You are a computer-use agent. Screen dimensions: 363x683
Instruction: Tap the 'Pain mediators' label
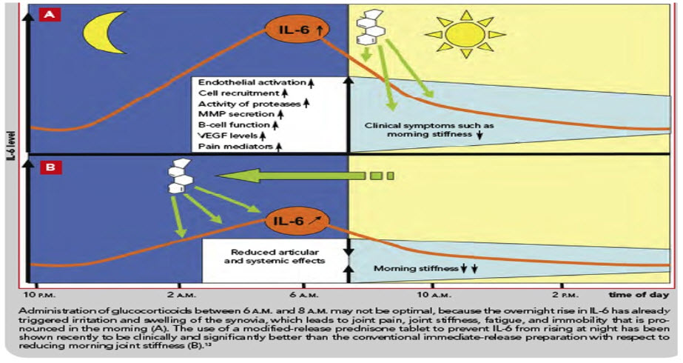pos(231,147)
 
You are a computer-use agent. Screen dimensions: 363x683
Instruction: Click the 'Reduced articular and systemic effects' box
pos(275,255)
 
